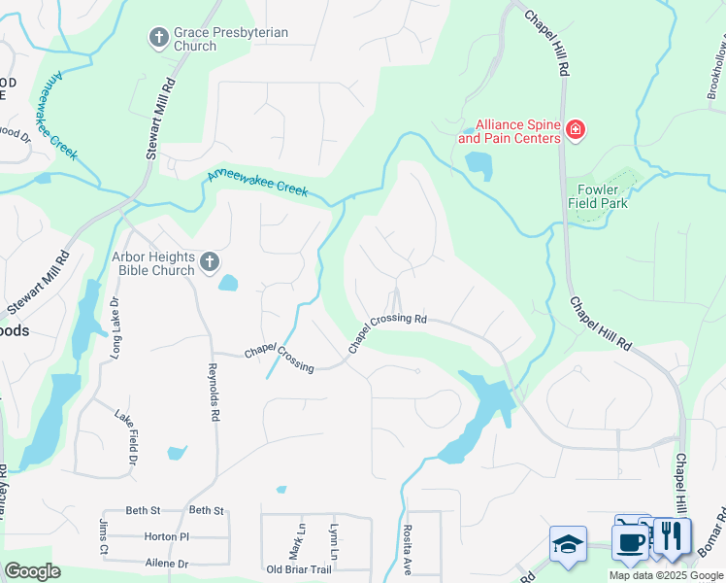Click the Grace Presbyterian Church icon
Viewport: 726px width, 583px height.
159,39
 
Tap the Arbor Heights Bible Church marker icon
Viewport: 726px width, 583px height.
209,262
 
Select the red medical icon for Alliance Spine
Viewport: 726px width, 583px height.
575,130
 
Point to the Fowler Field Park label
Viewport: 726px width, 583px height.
597,196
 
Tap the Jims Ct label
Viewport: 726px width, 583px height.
104,532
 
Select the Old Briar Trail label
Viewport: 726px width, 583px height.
298,569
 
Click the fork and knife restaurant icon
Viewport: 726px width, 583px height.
671,536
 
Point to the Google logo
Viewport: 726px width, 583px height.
33,571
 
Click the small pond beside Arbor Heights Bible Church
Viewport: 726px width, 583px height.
228,283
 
